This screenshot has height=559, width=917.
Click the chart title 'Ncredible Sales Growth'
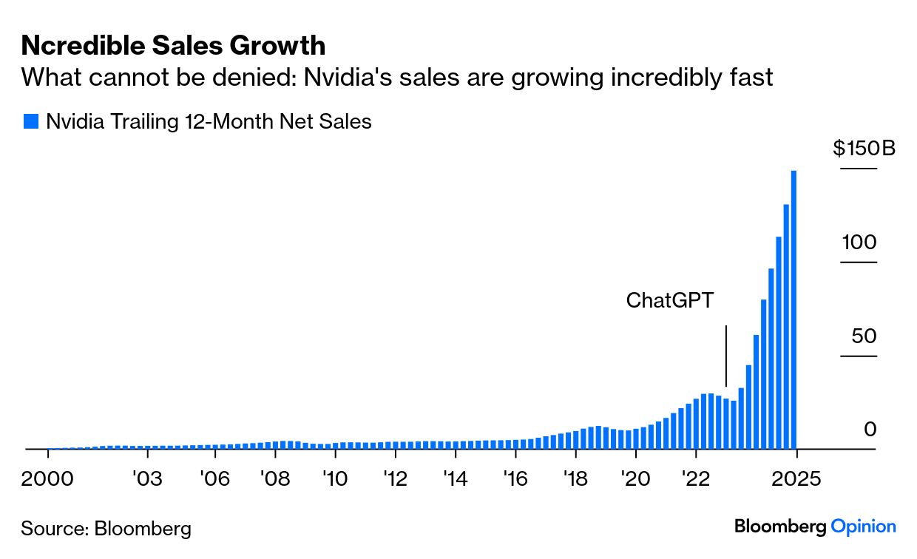point(173,46)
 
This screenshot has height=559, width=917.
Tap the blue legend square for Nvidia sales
point(30,122)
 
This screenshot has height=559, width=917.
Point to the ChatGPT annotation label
point(671,300)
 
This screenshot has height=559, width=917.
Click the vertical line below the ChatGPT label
point(726,356)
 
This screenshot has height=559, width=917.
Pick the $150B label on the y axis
point(864,149)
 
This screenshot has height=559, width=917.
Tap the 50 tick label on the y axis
point(864,336)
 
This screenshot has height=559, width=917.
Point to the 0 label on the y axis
point(870,430)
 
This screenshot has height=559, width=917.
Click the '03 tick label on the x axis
point(146,479)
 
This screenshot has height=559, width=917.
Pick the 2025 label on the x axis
point(796,479)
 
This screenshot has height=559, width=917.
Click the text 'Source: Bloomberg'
point(106,529)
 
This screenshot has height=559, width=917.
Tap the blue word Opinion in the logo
point(864,526)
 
